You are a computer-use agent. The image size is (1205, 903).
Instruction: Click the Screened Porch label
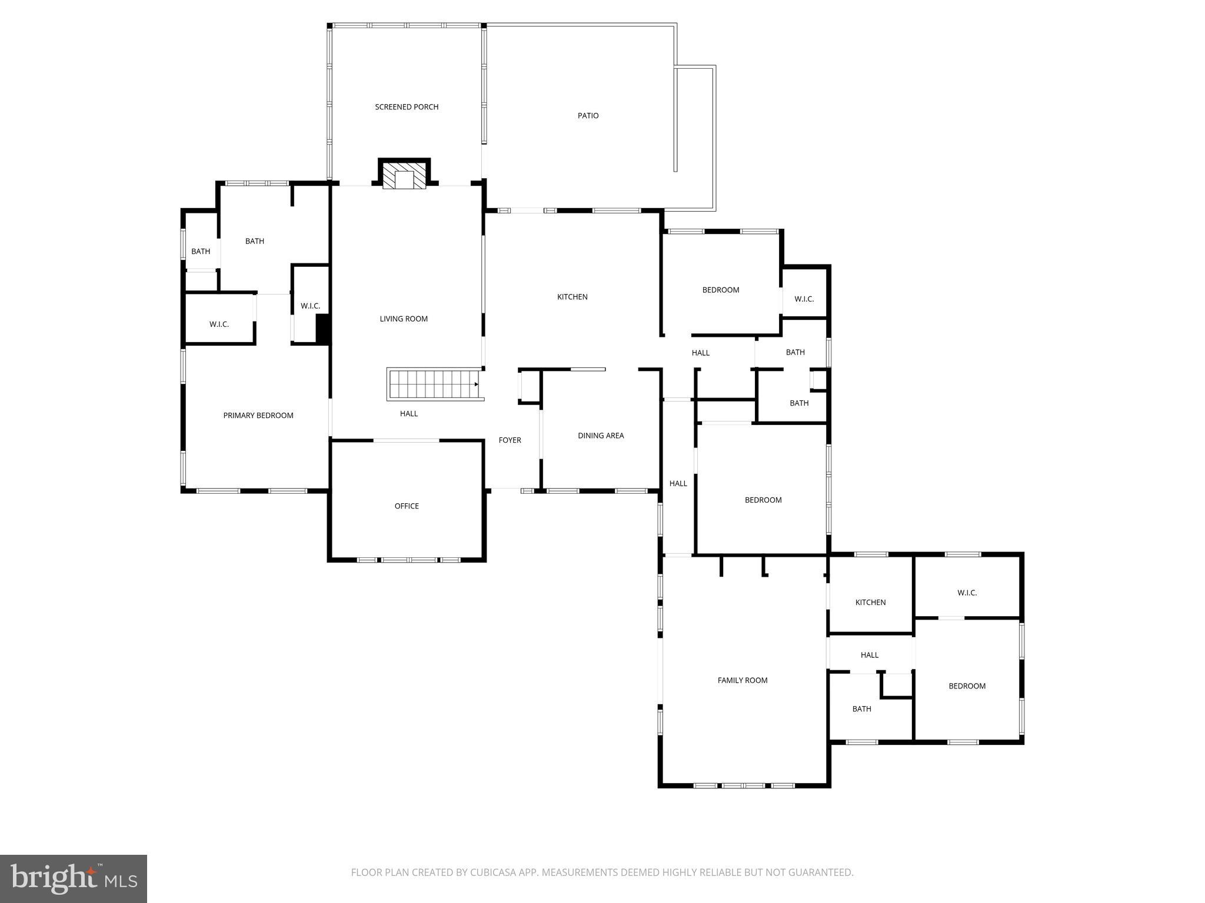[x=407, y=107]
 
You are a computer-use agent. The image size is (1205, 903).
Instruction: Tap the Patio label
[x=588, y=116]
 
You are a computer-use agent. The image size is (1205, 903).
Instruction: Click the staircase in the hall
[x=434, y=384]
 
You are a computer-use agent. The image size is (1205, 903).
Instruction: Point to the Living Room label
[x=404, y=319]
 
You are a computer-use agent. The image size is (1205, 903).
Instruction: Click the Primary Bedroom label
[x=258, y=416]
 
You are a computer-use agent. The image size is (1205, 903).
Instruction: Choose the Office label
[x=407, y=506]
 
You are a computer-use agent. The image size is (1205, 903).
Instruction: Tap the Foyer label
[x=510, y=440]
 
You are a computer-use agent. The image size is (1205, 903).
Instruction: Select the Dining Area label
[x=601, y=436]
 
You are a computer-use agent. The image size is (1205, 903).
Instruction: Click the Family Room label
[x=743, y=680]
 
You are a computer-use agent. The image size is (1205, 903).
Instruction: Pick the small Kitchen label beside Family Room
[x=870, y=603]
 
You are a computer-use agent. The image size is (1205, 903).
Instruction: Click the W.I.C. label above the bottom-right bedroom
[x=967, y=593]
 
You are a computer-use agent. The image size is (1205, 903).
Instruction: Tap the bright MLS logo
[x=74, y=879]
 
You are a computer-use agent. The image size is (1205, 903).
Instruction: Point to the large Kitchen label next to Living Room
[x=572, y=297]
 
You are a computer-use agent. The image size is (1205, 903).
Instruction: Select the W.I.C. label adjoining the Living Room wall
[x=310, y=306]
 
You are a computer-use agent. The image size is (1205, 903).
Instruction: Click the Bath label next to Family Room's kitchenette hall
[x=861, y=709]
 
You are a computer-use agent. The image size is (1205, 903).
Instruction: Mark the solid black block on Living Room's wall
[x=322, y=329]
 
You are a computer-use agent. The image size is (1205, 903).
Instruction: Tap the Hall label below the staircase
[x=409, y=414]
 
